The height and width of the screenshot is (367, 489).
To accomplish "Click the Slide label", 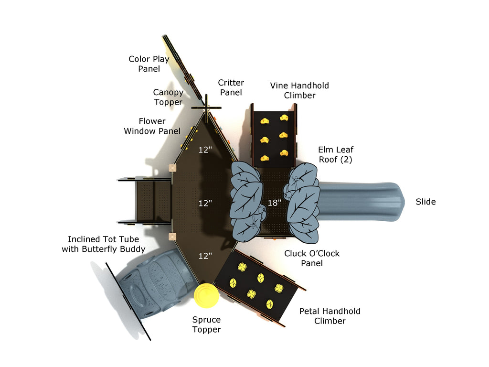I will [x=425, y=202].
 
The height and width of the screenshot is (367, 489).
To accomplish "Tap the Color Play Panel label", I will [x=149, y=64].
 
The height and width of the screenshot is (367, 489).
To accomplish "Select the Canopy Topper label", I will [x=168, y=97].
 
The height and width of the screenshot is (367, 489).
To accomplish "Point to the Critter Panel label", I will [x=231, y=88].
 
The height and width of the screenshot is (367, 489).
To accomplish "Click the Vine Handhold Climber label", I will [x=299, y=90].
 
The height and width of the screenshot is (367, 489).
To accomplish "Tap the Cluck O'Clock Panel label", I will [x=312, y=258].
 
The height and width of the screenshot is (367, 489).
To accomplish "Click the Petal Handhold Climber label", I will [x=330, y=316].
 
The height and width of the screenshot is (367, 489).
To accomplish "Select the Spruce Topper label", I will [x=206, y=324].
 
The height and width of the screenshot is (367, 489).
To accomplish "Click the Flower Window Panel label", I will [x=152, y=126].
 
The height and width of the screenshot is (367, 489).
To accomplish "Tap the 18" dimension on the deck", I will [x=274, y=203].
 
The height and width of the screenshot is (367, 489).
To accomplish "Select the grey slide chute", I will [x=363, y=202].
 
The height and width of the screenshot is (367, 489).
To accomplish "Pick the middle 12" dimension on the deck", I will [x=205, y=203].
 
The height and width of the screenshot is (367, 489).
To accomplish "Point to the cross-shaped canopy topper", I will [x=207, y=108].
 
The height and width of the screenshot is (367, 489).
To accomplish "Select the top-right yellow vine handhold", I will [x=284, y=118].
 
